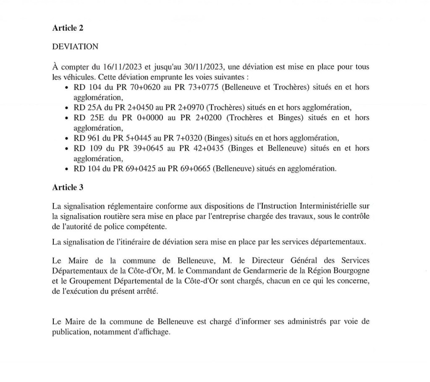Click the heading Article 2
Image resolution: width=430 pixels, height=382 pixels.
click(68, 28)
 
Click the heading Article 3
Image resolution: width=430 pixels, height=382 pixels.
click(68, 188)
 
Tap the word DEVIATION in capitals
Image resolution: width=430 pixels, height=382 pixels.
click(75, 47)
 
